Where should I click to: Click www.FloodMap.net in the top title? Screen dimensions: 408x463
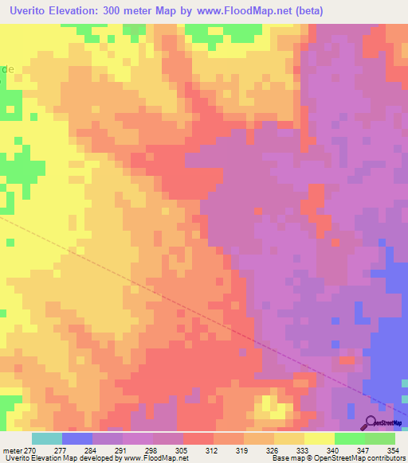[253, 11]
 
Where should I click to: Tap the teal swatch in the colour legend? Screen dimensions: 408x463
[47, 438]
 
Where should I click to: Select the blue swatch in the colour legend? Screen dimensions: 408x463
[77, 438]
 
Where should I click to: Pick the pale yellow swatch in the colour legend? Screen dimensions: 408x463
[320, 438]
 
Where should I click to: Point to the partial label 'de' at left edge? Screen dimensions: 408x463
[7, 69]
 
